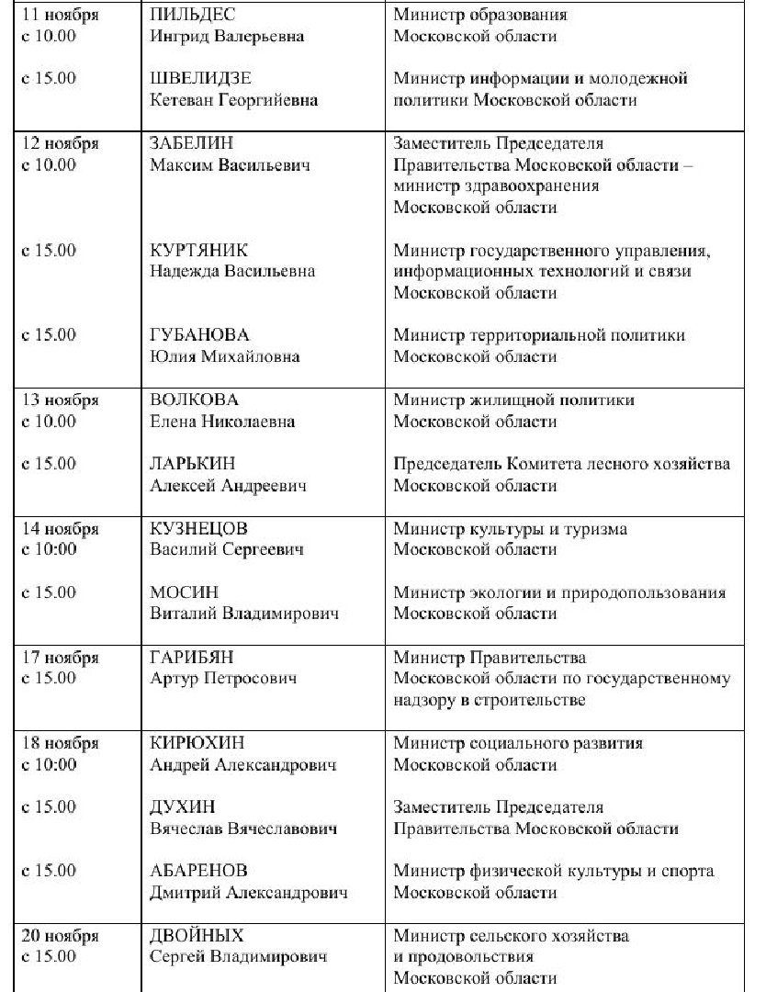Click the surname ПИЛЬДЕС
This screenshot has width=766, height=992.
[x=191, y=15]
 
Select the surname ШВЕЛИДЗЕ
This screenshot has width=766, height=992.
[x=200, y=79]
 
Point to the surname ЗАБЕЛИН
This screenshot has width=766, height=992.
[x=192, y=143]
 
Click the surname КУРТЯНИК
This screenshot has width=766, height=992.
[x=198, y=250]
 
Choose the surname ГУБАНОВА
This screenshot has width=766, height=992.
[x=199, y=335]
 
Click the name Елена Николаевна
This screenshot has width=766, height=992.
[x=222, y=422]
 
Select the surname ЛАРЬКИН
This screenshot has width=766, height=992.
[x=191, y=464]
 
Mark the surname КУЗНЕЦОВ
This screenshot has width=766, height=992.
[x=198, y=529]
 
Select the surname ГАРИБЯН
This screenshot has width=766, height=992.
[x=191, y=658]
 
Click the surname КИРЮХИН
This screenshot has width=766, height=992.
[x=197, y=743]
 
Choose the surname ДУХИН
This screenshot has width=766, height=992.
[x=182, y=807]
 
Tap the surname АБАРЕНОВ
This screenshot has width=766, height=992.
[x=198, y=871]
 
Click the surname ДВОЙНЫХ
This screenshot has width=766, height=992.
[x=197, y=936]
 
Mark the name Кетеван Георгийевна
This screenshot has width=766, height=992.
[x=233, y=100]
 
